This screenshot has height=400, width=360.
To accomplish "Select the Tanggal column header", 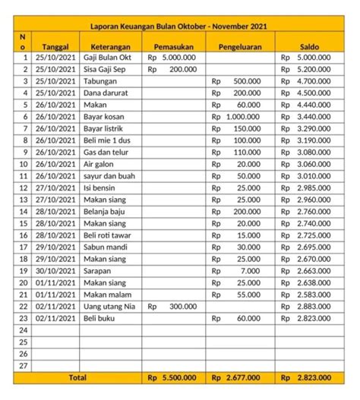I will click(x=58, y=46).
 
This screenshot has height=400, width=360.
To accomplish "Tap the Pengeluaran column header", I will click(x=240, y=46).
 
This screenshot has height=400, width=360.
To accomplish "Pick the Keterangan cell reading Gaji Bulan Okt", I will click(x=108, y=58).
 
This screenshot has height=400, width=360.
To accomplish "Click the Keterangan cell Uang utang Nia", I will click(x=109, y=306).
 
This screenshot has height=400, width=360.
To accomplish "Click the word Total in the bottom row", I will click(x=77, y=377).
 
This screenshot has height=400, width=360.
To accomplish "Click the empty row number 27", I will click(x=23, y=365).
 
